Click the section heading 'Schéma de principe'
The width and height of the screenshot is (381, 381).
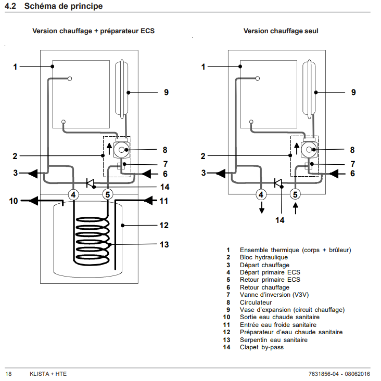[63, 6]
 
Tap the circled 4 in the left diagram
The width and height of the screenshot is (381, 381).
[73, 194]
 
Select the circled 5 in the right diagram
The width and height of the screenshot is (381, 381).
[295, 194]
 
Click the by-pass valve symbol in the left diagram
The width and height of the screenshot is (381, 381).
[90, 183]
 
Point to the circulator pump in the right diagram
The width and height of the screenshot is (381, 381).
[309, 149]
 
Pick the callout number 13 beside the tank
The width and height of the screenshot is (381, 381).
[164, 244]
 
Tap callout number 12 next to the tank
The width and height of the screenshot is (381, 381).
[164, 225]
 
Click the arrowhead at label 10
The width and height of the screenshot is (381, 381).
[34, 201]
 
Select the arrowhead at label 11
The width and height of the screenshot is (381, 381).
[149, 201]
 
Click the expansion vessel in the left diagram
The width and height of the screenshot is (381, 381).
[121, 89]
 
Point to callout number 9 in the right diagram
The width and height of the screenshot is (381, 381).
[353, 93]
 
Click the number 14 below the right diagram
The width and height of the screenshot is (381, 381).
[280, 220]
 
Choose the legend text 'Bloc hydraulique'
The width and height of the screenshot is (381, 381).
[264, 257]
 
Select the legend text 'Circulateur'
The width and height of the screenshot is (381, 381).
[256, 303]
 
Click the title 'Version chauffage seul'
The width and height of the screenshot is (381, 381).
[281, 31]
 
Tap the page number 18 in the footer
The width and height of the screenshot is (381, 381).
[8, 374]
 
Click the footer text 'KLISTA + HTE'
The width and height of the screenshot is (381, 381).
[48, 374]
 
